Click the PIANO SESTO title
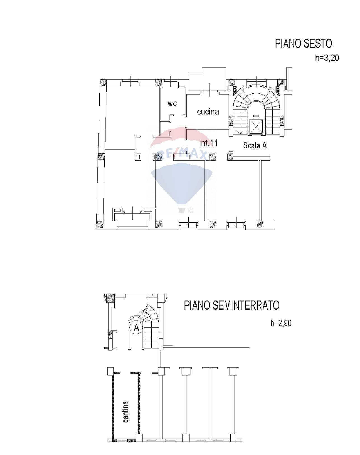pos(303,44)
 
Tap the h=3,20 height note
pos(327,58)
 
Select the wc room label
pos(172,103)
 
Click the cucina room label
pos(208,112)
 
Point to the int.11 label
pos(208,143)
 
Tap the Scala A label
pos(255,145)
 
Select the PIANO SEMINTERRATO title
pos(232,305)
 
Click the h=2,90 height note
pos(281,323)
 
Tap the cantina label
pos(126,412)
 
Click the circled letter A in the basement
pos(137,327)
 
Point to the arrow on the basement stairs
pos(145,310)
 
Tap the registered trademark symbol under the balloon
pos(190,210)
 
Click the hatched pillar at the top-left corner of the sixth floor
pos(103,82)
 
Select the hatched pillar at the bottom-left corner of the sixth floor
pos(99,225)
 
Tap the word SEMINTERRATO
pos(246,305)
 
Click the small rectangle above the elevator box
pos(256,116)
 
